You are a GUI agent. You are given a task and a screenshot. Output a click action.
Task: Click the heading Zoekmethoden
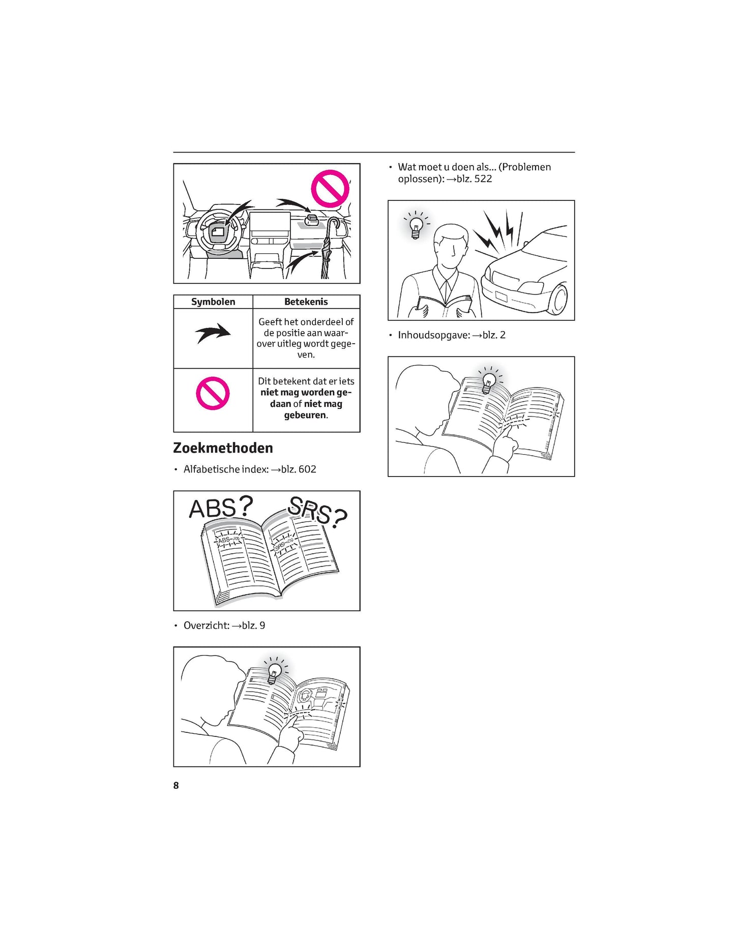(223, 448)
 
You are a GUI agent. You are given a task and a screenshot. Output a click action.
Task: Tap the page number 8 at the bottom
(176, 785)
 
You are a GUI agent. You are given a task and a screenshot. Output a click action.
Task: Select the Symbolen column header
(213, 302)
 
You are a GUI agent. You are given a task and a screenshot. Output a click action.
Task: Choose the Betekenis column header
(306, 302)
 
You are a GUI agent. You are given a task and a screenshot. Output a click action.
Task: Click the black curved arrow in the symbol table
(213, 334)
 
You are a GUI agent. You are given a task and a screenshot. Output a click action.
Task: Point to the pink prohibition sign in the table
(213, 393)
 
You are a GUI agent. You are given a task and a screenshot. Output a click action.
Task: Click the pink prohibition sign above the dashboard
(330, 189)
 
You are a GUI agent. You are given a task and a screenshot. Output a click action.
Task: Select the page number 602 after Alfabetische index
(307, 469)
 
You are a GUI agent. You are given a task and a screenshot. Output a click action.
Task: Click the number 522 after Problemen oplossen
(483, 179)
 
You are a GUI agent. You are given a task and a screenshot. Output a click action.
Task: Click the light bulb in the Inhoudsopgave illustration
(488, 380)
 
